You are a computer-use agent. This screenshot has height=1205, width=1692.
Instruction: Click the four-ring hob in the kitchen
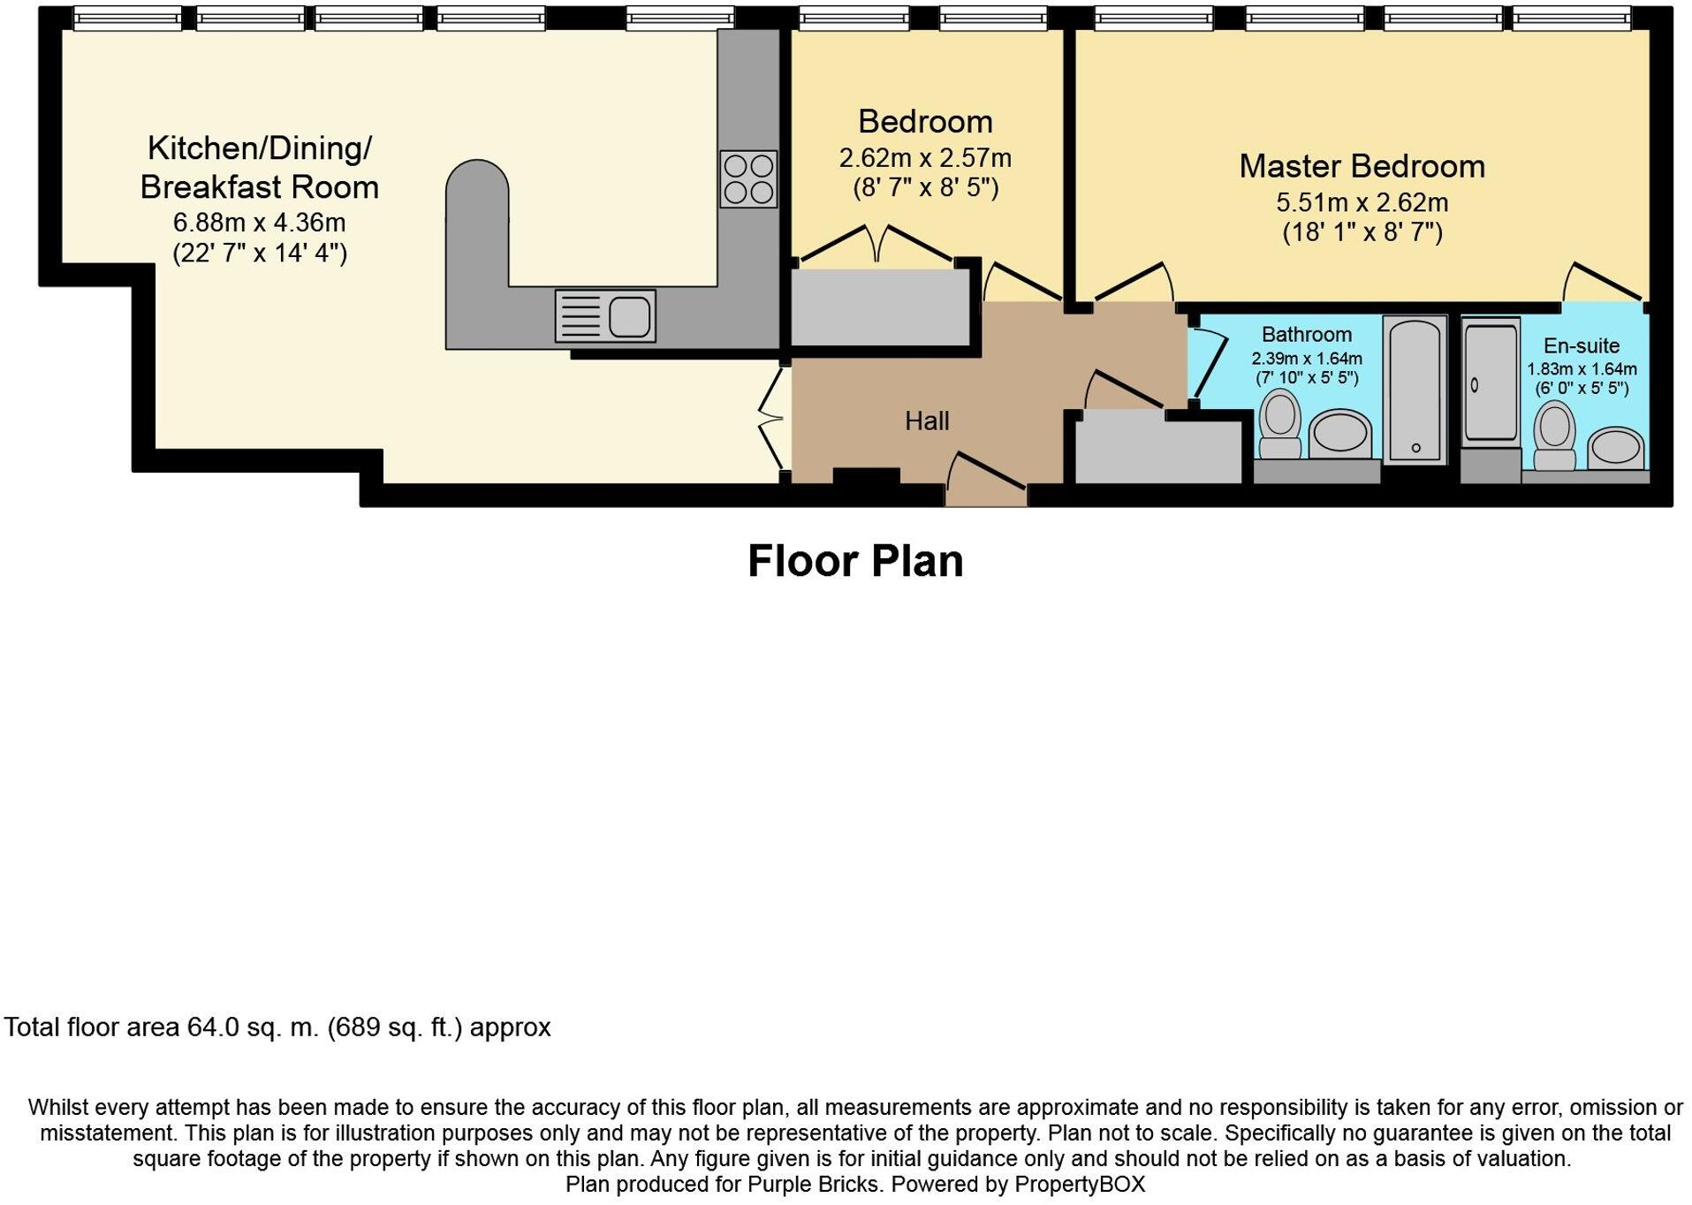748,178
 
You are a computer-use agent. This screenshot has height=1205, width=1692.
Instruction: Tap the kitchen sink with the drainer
605,315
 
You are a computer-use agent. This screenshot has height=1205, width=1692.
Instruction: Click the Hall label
927,421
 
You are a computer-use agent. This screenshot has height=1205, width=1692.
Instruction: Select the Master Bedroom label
1362,166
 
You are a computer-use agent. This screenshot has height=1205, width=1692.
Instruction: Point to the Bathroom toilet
1279,424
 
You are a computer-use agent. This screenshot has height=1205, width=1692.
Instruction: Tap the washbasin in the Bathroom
1339,434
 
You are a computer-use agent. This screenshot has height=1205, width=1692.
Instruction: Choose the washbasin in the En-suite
1616,448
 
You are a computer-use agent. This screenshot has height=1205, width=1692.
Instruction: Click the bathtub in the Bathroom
1415,390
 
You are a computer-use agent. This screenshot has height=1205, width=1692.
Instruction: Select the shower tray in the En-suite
1491,381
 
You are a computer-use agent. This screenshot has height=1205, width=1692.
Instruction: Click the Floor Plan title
855,561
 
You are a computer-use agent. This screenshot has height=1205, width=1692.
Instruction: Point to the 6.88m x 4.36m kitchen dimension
259,223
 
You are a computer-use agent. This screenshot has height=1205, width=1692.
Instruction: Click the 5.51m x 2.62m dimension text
1362,203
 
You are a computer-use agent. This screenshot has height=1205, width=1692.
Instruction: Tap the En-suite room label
1582,346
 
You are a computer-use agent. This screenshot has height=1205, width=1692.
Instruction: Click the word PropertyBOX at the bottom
1080,1184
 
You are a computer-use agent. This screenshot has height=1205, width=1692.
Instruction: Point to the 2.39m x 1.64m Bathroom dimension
1307,359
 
